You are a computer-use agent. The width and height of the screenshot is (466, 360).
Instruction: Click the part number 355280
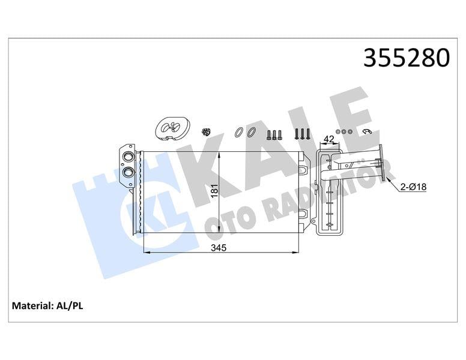[407, 58]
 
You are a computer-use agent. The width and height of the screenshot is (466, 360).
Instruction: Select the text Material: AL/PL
[47, 306]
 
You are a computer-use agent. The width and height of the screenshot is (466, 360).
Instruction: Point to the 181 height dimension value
[214, 191]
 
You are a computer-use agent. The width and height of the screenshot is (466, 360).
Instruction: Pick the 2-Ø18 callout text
[414, 187]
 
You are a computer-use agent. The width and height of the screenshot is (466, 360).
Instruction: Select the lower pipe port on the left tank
[127, 173]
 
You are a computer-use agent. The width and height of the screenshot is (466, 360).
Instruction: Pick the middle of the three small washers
[345, 131]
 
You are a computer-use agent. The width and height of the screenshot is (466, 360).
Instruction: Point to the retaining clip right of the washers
[368, 132]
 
